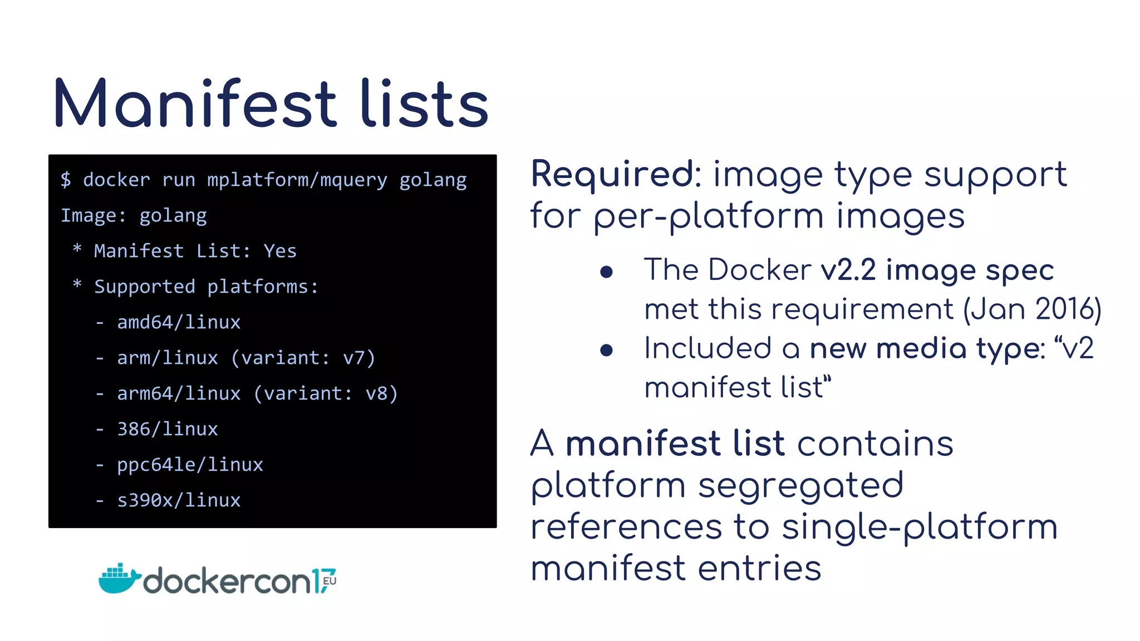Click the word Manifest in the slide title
195,104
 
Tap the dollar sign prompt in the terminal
66,180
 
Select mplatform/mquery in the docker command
297,180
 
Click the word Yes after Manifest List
280,251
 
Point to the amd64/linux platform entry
179,322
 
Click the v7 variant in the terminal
353,358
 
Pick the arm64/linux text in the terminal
179,393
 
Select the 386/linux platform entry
167,429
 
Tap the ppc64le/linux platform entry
190,465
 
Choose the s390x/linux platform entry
179,500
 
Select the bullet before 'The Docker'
606,272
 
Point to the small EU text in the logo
329,581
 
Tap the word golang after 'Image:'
173,216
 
